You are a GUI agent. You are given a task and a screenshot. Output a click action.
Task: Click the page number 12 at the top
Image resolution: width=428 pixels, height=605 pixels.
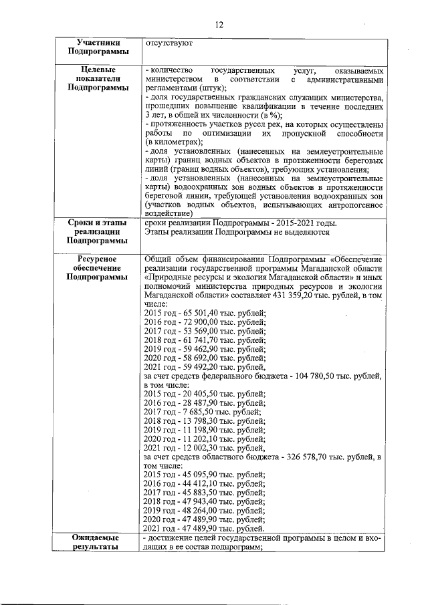tap(219, 25)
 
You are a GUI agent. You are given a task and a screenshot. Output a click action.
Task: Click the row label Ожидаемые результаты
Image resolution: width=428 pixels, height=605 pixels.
tap(99, 541)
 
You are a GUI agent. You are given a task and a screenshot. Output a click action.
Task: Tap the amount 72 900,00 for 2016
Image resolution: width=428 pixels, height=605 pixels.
tap(197, 321)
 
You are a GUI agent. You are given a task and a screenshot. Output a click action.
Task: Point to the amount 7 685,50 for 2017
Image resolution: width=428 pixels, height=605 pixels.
tap(195, 412)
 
